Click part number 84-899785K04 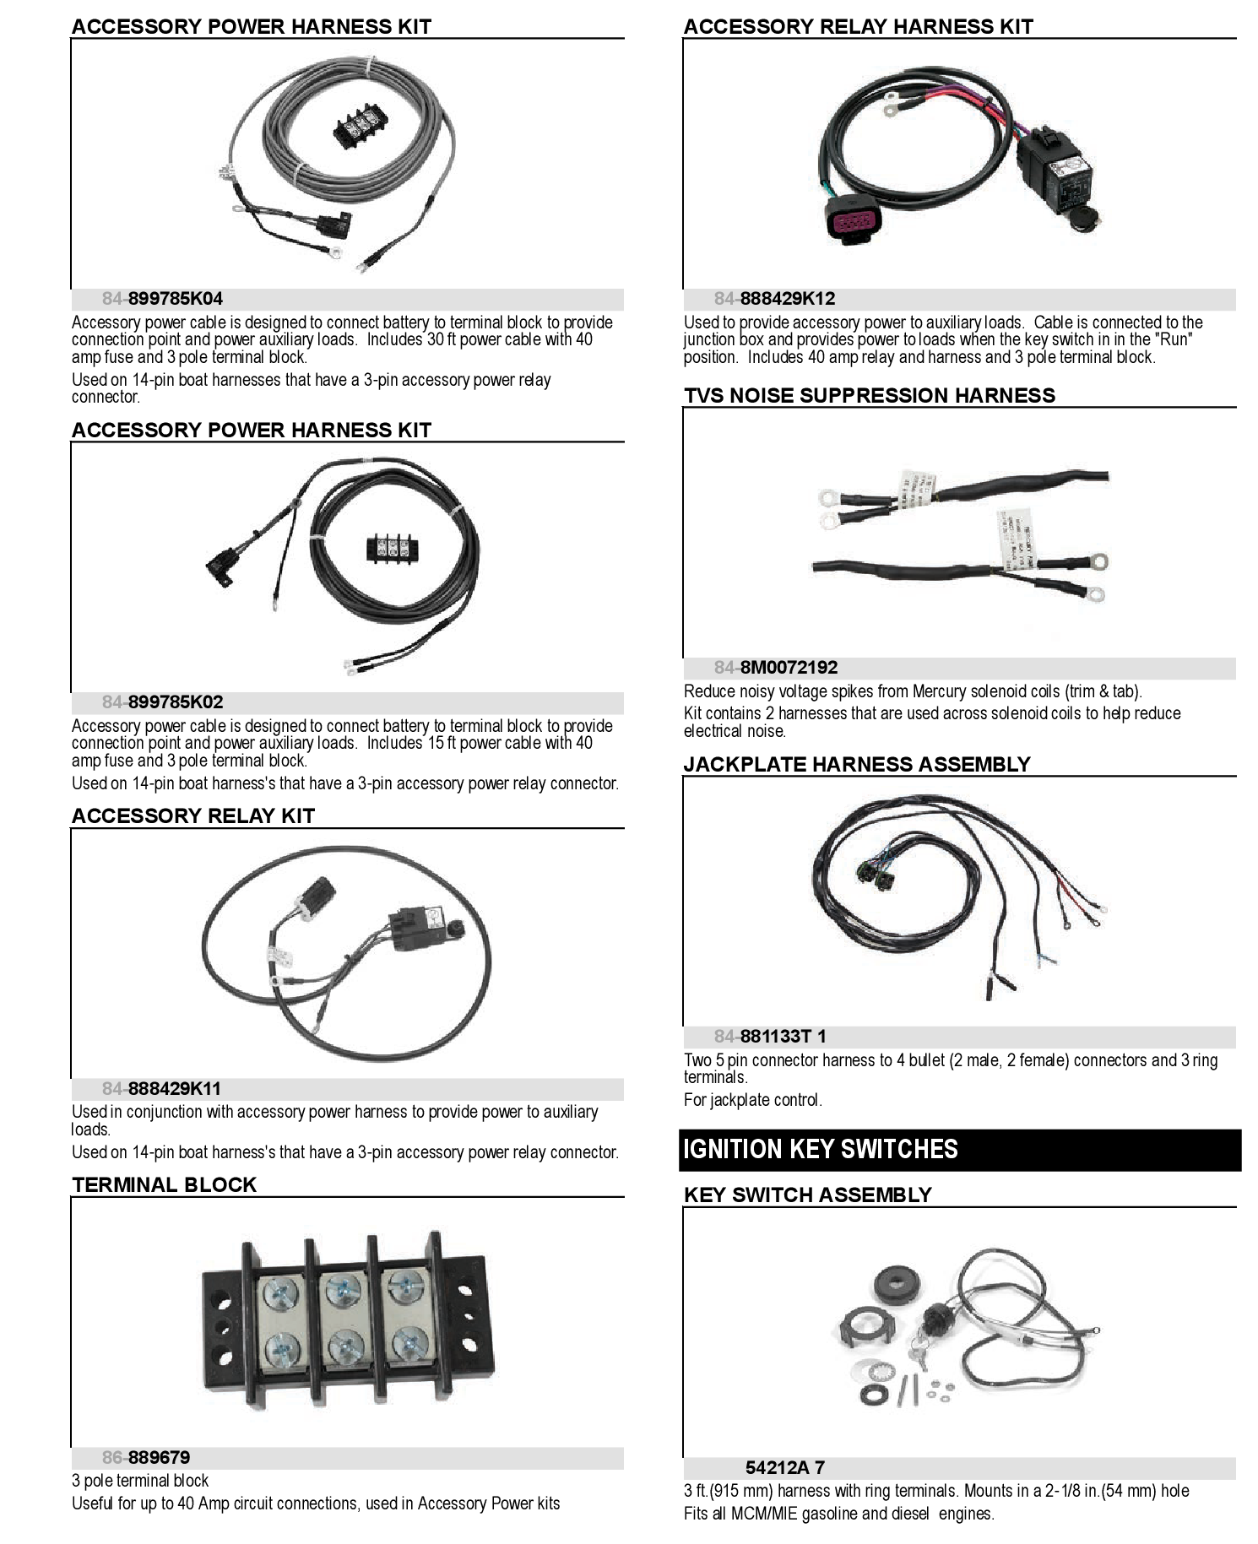coord(163,299)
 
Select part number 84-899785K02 coord(163,702)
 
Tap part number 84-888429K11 coord(161,1089)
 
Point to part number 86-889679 coord(146,1458)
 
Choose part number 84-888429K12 coord(774,299)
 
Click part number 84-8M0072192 coord(776,668)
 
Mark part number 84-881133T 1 coord(770,1037)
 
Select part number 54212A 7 coord(784,1468)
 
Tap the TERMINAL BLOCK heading coord(164,1184)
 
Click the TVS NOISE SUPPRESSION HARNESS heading coord(869,395)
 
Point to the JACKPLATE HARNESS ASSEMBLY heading coord(856,764)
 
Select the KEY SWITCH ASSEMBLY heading coord(807,1195)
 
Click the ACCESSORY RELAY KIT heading coord(192,815)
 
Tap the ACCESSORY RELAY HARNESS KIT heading coord(858,26)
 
